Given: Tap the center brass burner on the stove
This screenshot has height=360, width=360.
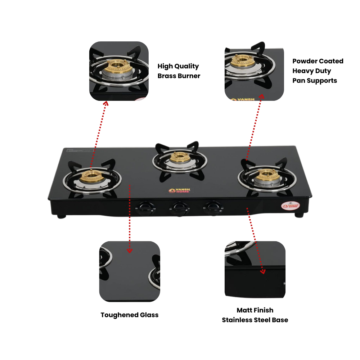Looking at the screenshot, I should pos(179,158).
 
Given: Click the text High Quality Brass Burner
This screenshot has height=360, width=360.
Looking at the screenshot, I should pos(179,71).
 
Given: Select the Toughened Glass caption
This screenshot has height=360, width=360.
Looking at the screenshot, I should pos(130,315).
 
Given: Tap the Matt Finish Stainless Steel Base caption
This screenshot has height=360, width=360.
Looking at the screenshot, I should pos(255,315).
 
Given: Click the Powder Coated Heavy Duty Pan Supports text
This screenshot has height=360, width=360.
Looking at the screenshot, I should pos(318,71).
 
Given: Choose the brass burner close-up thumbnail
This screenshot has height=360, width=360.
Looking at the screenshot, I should pos(119,71).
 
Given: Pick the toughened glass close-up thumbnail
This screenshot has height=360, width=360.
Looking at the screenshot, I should pos(130,271).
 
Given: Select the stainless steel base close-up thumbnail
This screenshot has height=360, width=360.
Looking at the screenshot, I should pos(255,270).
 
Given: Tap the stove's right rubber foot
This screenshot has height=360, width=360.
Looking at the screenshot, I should pos(299,215).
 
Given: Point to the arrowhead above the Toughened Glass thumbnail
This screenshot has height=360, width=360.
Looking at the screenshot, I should pos(130,251).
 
